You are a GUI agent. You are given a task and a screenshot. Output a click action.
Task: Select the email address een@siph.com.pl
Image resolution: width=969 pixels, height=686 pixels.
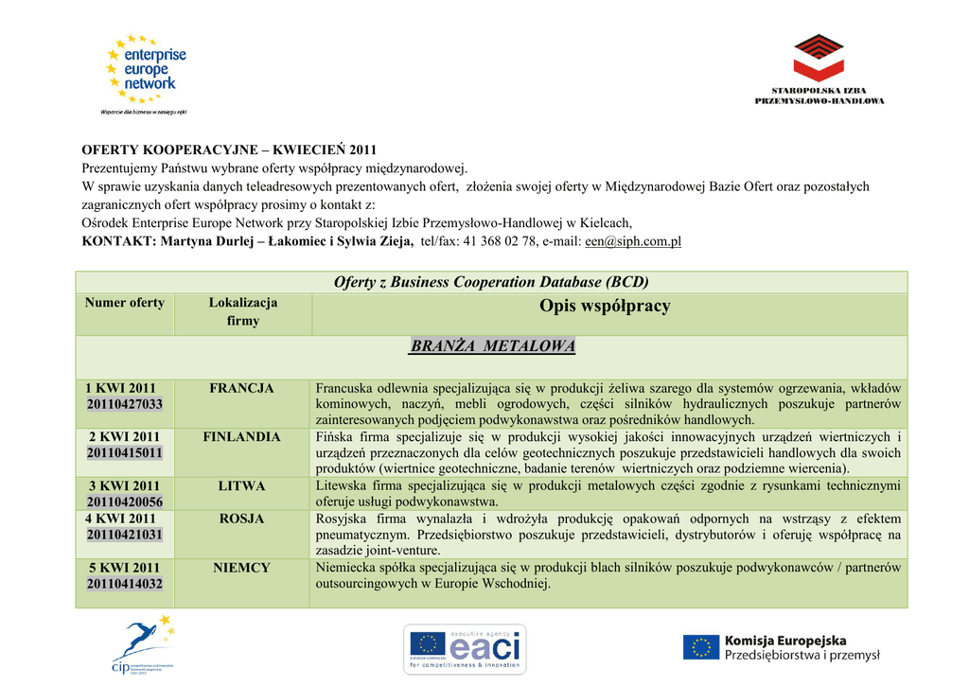coord(633,241)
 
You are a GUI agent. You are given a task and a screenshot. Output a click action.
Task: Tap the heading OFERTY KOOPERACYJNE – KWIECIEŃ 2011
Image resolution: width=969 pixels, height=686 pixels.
coord(229,150)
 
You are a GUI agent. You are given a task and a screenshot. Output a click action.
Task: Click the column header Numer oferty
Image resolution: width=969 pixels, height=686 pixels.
coord(125,303)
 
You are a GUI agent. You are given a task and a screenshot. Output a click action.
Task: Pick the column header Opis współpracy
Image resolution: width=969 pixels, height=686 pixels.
coord(605,306)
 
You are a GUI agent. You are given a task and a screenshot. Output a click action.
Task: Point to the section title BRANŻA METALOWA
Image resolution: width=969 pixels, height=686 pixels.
coord(492,346)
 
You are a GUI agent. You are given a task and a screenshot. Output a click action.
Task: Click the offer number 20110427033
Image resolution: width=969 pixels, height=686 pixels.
coord(125,404)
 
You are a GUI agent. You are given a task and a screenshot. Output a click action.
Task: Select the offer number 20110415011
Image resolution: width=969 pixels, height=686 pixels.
coord(125,453)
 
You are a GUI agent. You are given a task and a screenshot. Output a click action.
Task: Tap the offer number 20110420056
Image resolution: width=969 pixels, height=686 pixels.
coord(125,501)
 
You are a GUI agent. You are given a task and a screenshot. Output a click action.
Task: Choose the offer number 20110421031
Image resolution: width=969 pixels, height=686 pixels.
coord(125,535)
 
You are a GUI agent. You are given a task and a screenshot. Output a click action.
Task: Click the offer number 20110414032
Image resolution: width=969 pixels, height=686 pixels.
coord(125,584)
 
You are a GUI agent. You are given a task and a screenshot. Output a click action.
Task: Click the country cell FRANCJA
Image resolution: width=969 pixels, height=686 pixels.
coord(241,388)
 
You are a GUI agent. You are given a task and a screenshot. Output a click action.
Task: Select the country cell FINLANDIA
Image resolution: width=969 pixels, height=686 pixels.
coord(241,437)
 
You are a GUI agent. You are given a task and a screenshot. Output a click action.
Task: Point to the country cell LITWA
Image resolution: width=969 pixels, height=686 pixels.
coord(241,485)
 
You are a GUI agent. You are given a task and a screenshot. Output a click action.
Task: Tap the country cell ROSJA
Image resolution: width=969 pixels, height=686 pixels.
coord(241,519)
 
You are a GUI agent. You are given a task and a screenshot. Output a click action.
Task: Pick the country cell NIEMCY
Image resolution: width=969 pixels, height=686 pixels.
coord(241,568)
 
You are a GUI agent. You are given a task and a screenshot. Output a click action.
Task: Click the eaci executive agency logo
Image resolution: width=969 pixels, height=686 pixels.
coord(465,648)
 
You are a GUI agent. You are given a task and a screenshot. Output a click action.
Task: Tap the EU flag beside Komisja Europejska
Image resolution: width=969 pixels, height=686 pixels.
coord(701,647)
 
